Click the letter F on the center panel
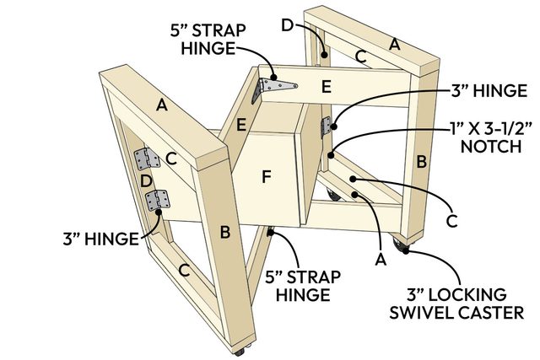click(267, 178)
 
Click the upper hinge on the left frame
click(146, 159)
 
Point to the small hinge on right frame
click(327, 126)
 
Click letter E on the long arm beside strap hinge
click(327, 86)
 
